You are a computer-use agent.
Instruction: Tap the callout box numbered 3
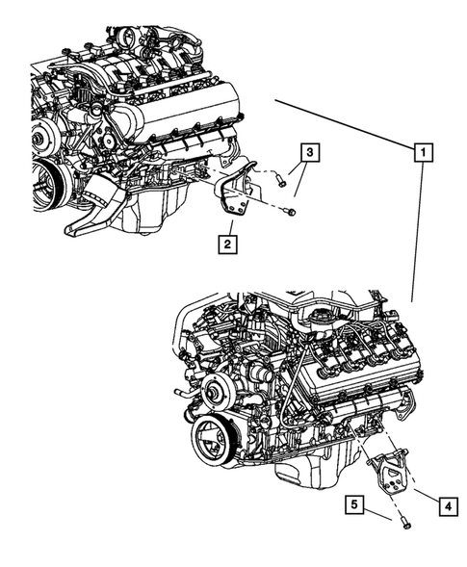pyautogui.click(x=307, y=151)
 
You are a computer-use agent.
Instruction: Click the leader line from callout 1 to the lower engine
pyautogui.click(x=417, y=231)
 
